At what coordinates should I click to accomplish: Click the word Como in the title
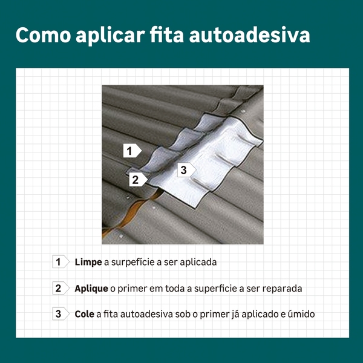[x=44, y=35]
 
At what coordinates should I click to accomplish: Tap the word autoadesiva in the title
[x=249, y=35]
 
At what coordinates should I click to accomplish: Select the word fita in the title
[x=167, y=35]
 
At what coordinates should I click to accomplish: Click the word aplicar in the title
[x=110, y=36]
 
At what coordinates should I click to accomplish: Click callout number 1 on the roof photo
[x=132, y=151]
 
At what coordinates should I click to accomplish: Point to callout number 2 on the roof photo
[x=138, y=180]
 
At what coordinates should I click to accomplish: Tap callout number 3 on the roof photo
[x=186, y=169]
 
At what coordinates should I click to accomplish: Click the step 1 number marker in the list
[x=60, y=262]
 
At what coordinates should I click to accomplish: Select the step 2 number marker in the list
[x=60, y=288]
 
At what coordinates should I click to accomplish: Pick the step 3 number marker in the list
[x=60, y=313]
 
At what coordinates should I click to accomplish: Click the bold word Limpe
[x=88, y=263]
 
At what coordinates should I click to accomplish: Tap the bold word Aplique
[x=91, y=289]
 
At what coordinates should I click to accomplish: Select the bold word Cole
[x=84, y=314]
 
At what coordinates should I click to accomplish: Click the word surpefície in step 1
[x=132, y=263]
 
